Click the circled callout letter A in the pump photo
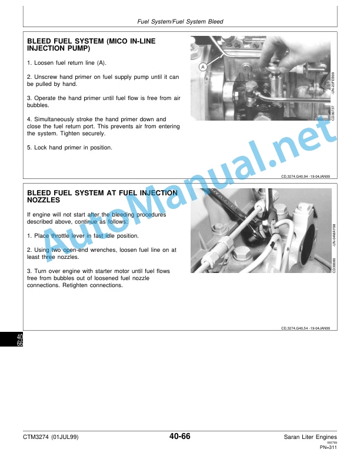tap(202, 67)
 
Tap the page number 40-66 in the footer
tap(179, 436)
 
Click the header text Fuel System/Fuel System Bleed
tap(180, 21)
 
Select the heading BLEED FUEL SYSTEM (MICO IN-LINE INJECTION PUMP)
tap(91, 45)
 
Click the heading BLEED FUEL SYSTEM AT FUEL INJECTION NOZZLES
tap(102, 197)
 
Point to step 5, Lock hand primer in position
tap(69, 148)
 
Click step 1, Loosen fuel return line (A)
tap(66, 63)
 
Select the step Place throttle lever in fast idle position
tap(83, 236)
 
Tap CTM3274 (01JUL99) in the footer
tap(51, 437)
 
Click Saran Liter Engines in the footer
tap(310, 437)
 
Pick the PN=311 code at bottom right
tap(328, 447)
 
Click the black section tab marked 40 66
tap(11, 339)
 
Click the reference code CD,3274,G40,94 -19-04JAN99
tap(305, 177)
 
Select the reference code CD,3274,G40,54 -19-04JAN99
tap(305, 328)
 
